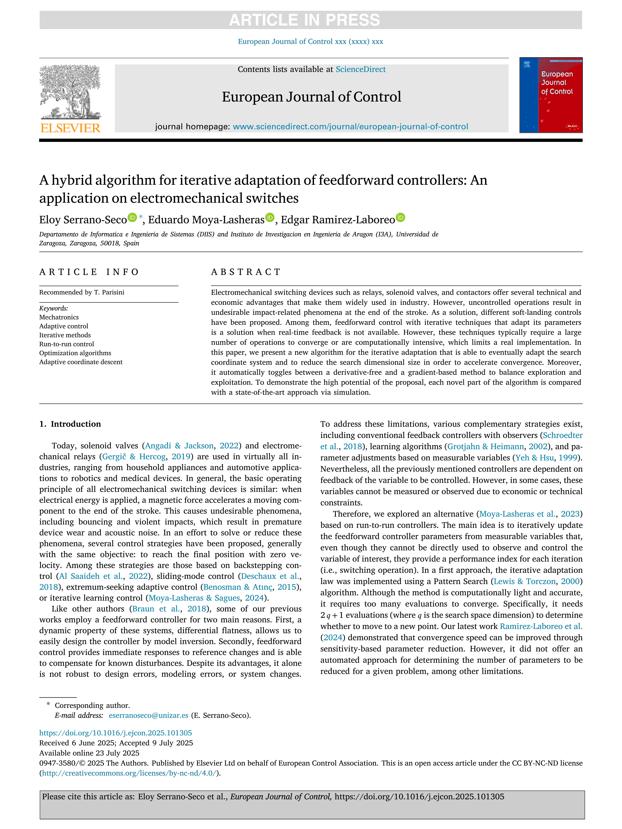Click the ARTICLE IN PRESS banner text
304,20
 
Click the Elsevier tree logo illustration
70,92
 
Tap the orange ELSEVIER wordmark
70,128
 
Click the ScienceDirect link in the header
360,69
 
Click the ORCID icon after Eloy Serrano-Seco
132,217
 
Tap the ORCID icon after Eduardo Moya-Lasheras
270,217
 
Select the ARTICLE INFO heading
89,272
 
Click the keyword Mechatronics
59,317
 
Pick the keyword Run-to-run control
66,344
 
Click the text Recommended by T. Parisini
82,292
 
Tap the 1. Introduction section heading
70,424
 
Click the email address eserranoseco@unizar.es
148,715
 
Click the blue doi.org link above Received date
115,733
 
